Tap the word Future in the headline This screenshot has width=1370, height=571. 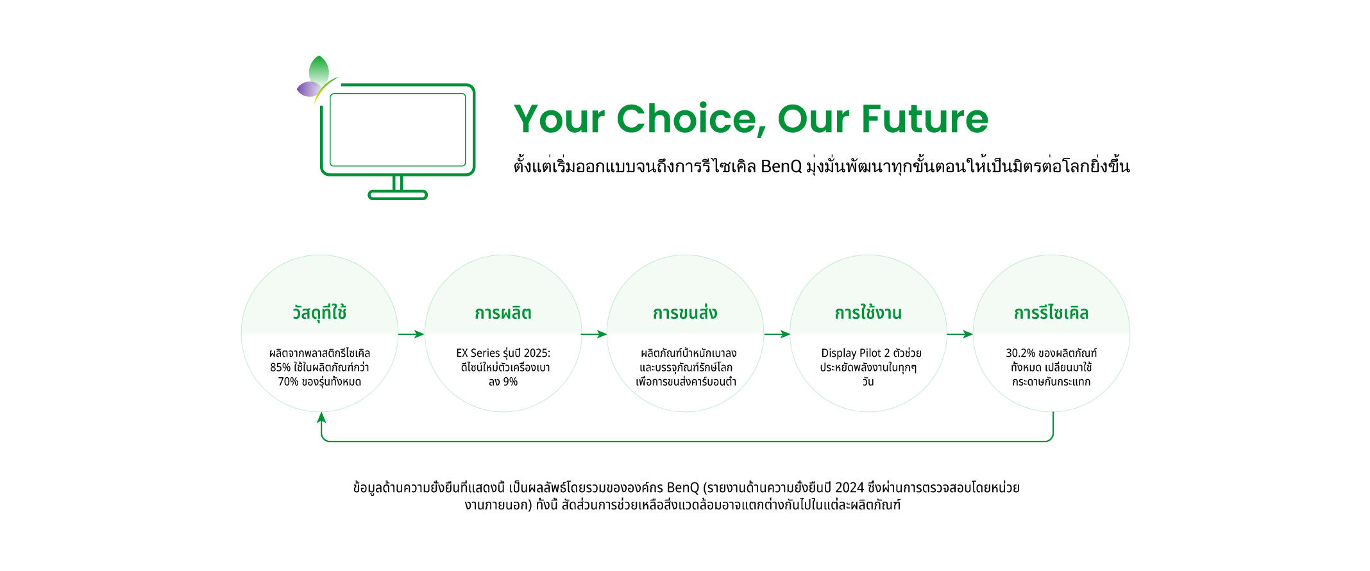pyautogui.click(x=924, y=119)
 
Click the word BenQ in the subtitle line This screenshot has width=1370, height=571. pyautogui.click(x=781, y=167)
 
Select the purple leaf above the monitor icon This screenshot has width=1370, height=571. pyautogui.click(x=309, y=89)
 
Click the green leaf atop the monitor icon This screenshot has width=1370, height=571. pyautogui.click(x=319, y=69)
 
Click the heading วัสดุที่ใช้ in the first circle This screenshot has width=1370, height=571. pyautogui.click(x=319, y=312)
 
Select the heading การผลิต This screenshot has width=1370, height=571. pyautogui.click(x=503, y=313)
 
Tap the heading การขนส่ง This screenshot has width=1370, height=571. pyautogui.click(x=685, y=313)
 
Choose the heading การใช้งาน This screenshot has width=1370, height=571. pyautogui.click(x=868, y=313)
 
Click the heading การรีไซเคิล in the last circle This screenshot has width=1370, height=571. pyautogui.click(x=1051, y=313)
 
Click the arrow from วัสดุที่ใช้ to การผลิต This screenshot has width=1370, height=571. pyautogui.click(x=411, y=334)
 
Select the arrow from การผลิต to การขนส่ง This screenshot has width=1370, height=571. pyautogui.click(x=594, y=334)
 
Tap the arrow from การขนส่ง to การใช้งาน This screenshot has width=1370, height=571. pyautogui.click(x=777, y=334)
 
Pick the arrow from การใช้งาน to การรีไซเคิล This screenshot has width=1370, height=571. pyautogui.click(x=960, y=334)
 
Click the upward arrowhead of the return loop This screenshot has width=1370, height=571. pyautogui.click(x=321, y=417)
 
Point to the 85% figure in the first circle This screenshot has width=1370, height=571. pyautogui.click(x=280, y=368)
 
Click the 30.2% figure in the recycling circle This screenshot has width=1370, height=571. pyautogui.click(x=1020, y=353)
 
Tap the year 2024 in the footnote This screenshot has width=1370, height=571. pyautogui.click(x=850, y=488)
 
